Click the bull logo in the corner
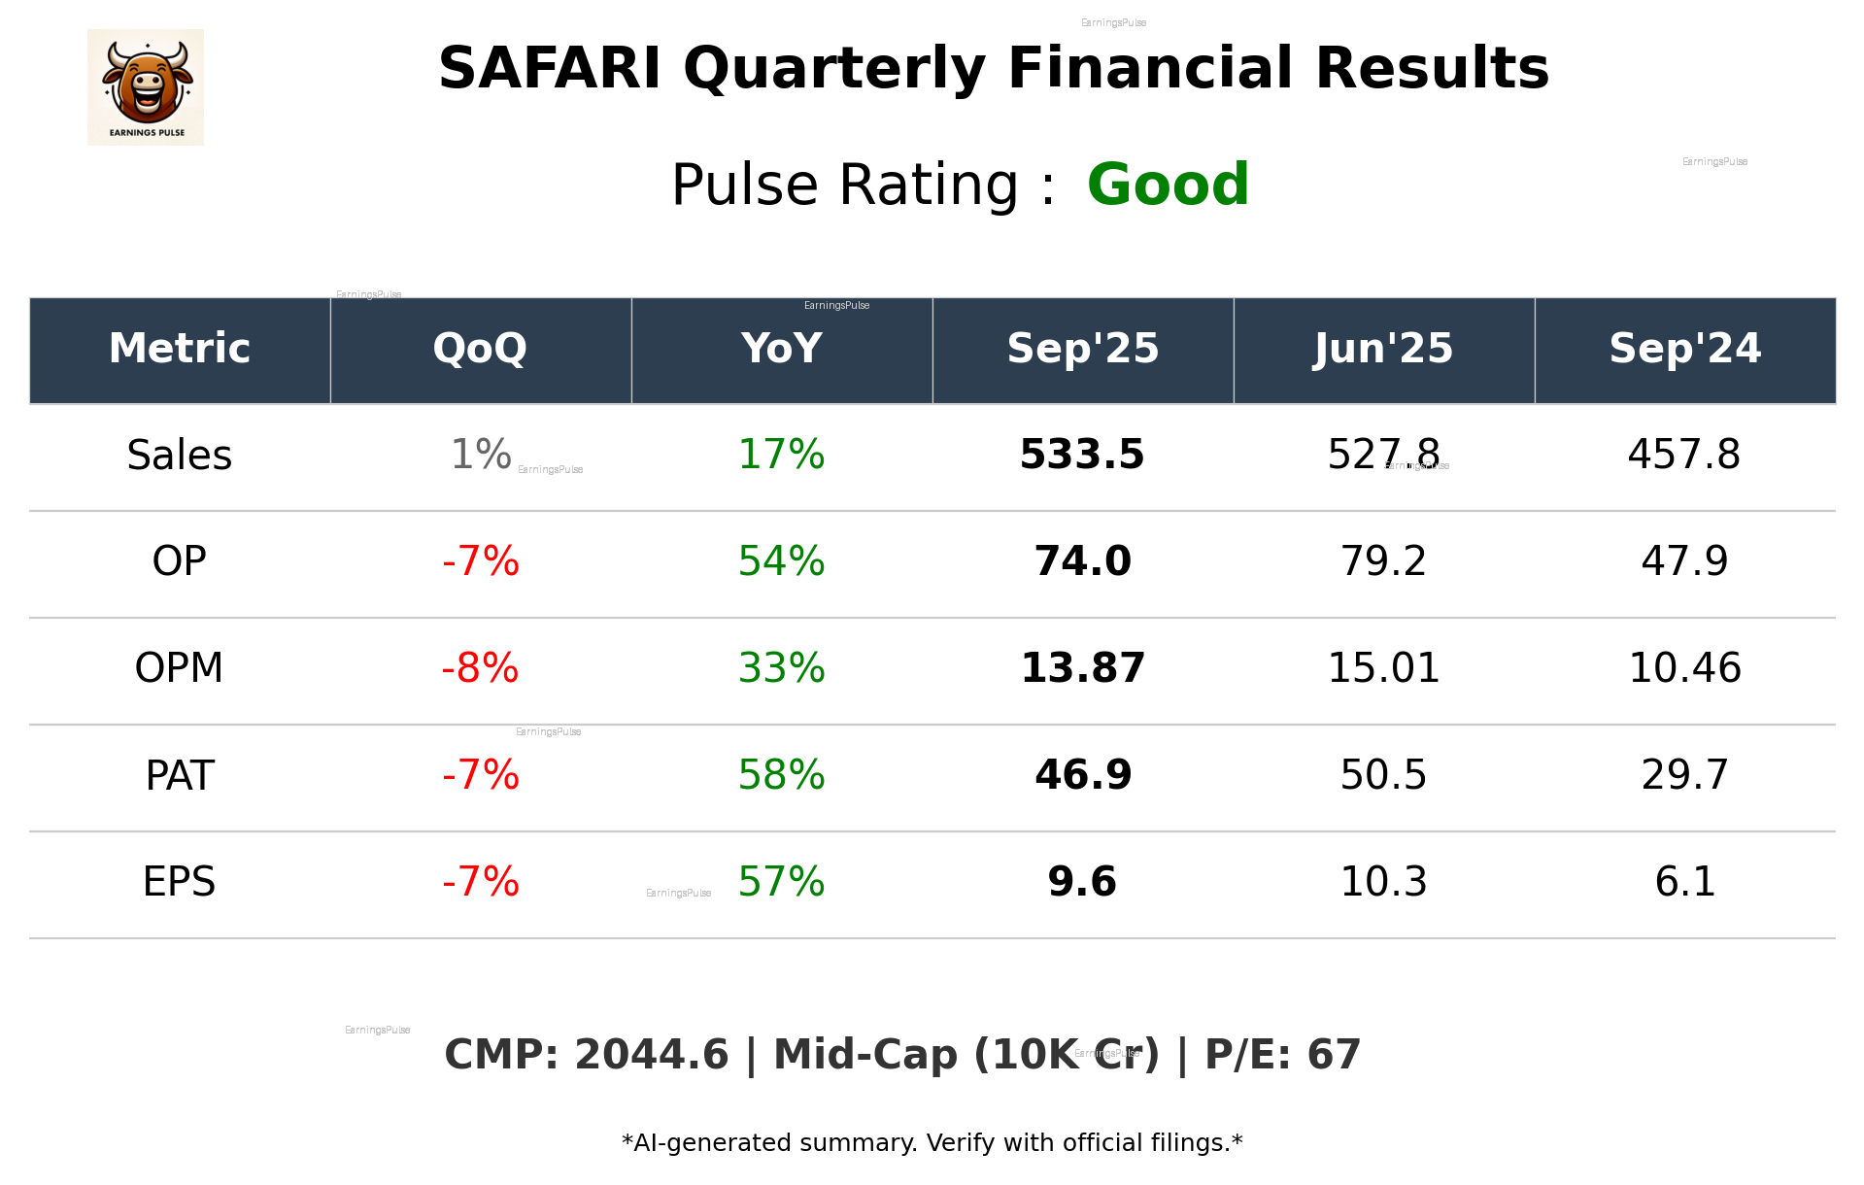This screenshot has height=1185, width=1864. point(146,87)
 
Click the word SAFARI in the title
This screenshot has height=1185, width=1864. point(550,69)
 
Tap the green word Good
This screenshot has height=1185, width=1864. point(1168,185)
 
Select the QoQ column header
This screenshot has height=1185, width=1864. point(480,349)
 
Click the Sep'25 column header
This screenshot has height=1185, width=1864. point(1082,349)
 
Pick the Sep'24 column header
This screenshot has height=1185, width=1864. point(1684,349)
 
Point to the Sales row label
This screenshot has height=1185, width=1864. point(180,456)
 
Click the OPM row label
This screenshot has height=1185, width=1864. point(180,668)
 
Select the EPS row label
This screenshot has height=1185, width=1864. point(180,882)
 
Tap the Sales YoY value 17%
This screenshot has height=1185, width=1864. point(781,455)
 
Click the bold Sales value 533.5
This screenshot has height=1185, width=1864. point(1082,455)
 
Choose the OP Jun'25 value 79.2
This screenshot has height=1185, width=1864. point(1383,561)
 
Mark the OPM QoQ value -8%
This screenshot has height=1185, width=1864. point(480,668)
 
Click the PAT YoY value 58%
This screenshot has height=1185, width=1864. point(781,775)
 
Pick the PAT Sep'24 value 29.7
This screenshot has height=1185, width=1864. point(1684,775)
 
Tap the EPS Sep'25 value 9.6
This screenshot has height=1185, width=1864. point(1082,882)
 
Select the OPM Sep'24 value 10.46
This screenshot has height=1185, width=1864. point(1684,668)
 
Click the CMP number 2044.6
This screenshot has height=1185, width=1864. point(651,1055)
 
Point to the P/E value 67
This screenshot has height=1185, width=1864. point(1334,1055)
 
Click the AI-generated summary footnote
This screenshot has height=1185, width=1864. point(932,1143)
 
